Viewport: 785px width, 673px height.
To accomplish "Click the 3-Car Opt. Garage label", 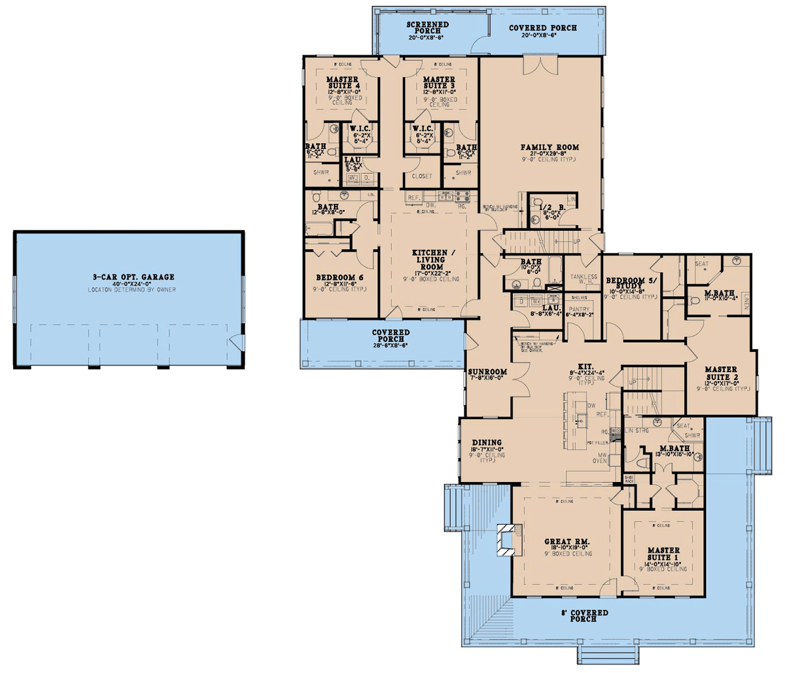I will coord(133,277).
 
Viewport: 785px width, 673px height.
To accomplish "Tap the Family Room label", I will coord(549,148).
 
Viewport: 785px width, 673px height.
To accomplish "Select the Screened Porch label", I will coord(424,27).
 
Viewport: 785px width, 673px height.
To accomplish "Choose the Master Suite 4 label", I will coord(342,82).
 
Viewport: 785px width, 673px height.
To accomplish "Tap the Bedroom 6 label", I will coord(340,277).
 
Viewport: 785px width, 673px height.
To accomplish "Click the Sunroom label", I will coord(487,372).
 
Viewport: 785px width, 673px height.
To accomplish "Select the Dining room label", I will coord(486,443).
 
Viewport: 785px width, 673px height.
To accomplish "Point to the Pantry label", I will coord(579,309).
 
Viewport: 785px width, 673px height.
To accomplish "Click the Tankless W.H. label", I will coord(583,279).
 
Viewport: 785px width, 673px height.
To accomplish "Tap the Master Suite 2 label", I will coord(721,373).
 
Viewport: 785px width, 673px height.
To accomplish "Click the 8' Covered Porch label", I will coord(584,615).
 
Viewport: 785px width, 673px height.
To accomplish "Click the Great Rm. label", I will coord(567,542).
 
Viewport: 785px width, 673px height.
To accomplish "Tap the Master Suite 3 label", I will coord(439,82).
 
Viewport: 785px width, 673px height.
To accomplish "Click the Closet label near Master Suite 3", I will coord(422,176).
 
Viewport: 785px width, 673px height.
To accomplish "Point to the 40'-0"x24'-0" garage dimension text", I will coord(133,284).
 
